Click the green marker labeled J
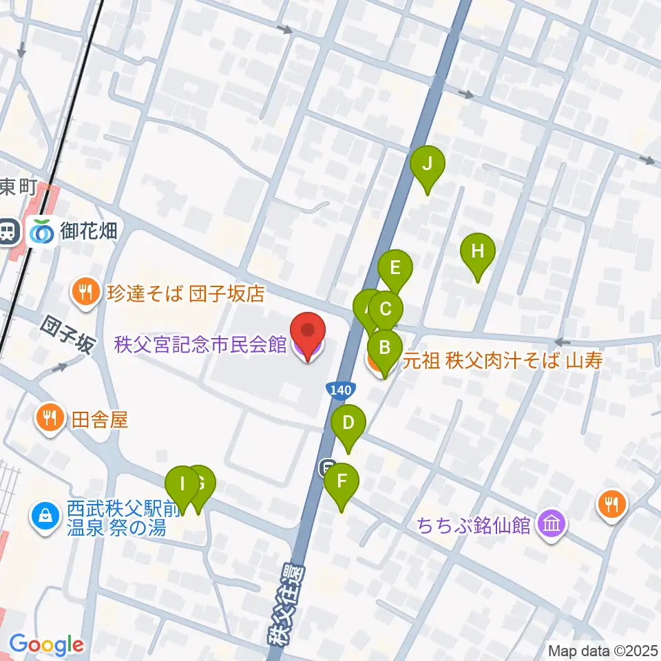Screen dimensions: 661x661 tap(428, 165)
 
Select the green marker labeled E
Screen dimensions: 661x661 tap(395, 267)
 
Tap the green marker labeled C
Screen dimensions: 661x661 tap(386, 308)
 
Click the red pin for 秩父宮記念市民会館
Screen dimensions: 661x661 tap(306, 334)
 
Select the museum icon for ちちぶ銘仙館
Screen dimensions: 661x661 tap(553, 525)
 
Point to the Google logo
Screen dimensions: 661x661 tap(46, 645)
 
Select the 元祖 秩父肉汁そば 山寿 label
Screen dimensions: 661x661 tap(503, 360)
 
